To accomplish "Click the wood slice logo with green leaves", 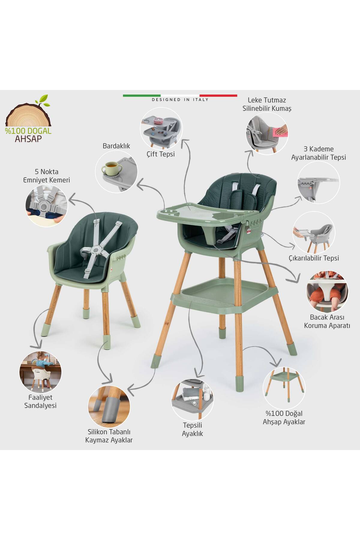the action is [x=28, y=114].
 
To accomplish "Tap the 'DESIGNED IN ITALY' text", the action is [x=180, y=100].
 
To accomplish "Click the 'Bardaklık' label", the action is [x=116, y=146].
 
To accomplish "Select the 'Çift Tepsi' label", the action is [x=161, y=154].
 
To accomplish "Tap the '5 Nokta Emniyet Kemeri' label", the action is [x=46, y=176].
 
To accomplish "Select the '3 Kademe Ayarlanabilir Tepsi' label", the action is [x=319, y=153].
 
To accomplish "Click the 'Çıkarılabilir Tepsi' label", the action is [x=314, y=258].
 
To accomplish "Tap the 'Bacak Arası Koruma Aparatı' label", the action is [x=327, y=321].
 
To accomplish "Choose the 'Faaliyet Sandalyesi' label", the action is [x=40, y=401].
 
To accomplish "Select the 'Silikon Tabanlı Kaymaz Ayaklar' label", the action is [x=109, y=436].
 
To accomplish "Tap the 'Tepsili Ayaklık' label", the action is [x=193, y=429].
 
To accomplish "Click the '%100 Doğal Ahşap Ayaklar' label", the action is [x=284, y=418].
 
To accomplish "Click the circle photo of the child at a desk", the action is [x=40, y=372].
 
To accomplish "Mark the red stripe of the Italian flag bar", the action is [x=218, y=95].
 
